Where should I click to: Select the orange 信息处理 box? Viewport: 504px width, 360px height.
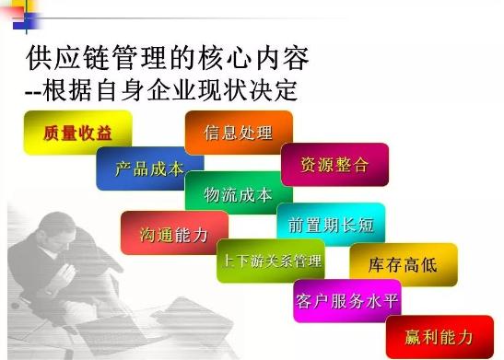(x=238, y=133)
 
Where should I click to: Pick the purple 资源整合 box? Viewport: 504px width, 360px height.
(x=334, y=165)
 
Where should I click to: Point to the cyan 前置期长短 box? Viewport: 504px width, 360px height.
(x=330, y=224)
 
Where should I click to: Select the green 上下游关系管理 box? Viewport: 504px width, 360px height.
(x=271, y=261)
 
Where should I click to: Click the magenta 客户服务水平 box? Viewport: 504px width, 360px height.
(x=347, y=300)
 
